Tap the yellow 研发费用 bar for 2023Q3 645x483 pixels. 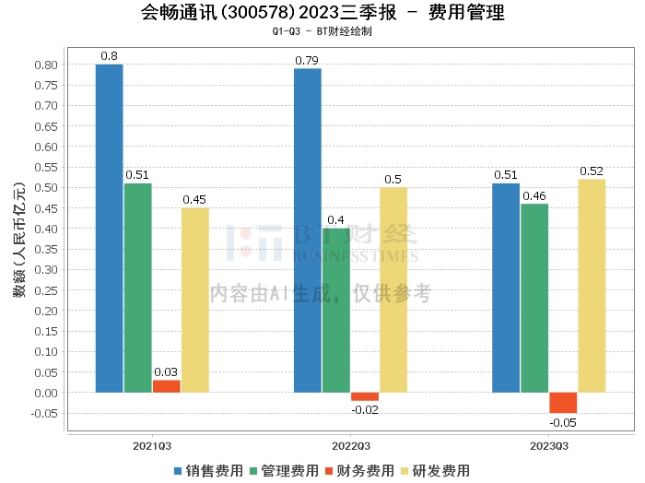(592, 286)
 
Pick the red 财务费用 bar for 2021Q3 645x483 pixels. (167, 386)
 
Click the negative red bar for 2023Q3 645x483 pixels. (563, 403)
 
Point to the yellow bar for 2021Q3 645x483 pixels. (195, 300)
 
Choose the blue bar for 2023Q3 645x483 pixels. (506, 288)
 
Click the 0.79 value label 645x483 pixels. (308, 61)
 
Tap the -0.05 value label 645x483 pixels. (563, 423)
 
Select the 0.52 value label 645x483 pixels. (592, 171)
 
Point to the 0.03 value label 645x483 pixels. (167, 371)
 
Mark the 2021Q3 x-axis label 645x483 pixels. (152, 445)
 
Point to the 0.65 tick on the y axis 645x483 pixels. (46, 126)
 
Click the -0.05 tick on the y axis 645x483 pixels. (44, 413)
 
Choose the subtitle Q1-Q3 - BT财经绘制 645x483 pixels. (322, 31)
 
